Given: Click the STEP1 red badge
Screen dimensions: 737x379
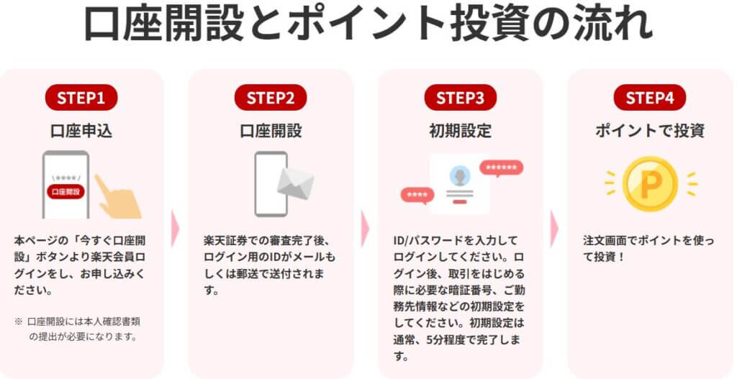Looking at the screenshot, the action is (x=81, y=98).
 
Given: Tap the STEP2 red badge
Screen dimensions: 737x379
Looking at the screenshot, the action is (x=271, y=98).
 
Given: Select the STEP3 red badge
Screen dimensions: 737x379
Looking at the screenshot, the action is (x=460, y=98).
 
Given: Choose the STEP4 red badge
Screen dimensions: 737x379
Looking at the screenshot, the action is (x=650, y=98).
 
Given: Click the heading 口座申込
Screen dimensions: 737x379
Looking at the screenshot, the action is (x=81, y=131).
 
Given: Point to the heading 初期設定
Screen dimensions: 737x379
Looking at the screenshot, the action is (x=460, y=131).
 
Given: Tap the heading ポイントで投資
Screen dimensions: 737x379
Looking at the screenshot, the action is (x=650, y=131).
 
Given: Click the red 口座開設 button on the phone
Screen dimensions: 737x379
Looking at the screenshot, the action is (x=65, y=191).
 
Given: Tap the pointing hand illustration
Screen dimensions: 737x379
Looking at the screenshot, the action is (x=117, y=197).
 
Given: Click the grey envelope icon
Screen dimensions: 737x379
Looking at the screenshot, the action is (x=296, y=183).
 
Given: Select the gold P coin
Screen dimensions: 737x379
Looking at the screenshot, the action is (x=650, y=184).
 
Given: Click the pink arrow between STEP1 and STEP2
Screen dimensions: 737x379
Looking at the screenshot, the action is (x=175, y=229).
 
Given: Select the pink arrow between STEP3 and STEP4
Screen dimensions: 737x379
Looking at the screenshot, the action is (x=554, y=229).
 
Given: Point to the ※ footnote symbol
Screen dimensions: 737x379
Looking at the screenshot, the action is (x=19, y=322).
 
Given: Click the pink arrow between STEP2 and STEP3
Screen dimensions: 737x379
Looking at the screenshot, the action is (x=365, y=229).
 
